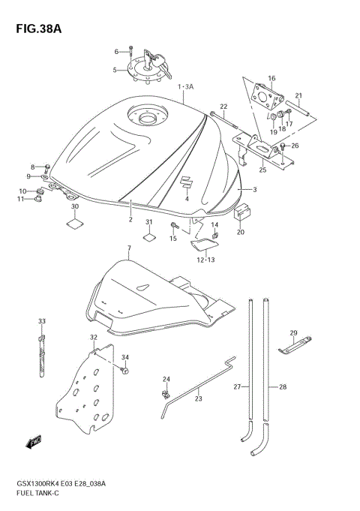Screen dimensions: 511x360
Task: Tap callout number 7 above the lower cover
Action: pyautogui.click(x=128, y=248)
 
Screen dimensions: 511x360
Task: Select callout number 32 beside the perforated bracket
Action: pyautogui.click(x=94, y=338)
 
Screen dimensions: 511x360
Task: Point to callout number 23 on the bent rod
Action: pyautogui.click(x=198, y=398)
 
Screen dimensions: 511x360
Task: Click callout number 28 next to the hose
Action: pyautogui.click(x=283, y=387)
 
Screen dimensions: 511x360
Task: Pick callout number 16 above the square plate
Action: pyautogui.click(x=271, y=77)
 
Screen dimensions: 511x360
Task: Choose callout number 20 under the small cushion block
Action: pyautogui.click(x=241, y=232)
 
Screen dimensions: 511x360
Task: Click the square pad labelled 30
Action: pyautogui.click(x=75, y=223)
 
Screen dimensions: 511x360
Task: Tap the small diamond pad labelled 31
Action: pyautogui.click(x=149, y=238)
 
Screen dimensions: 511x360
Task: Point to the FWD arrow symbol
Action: pyautogui.click(x=34, y=443)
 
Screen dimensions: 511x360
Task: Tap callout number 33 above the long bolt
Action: pyautogui.click(x=41, y=321)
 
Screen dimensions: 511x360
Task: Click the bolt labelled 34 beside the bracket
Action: pyautogui.click(x=124, y=370)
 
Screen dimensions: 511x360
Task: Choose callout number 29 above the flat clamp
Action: pyautogui.click(x=293, y=332)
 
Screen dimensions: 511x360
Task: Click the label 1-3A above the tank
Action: pyautogui.click(x=185, y=87)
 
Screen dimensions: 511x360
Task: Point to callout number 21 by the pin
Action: pyautogui.click(x=298, y=95)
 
